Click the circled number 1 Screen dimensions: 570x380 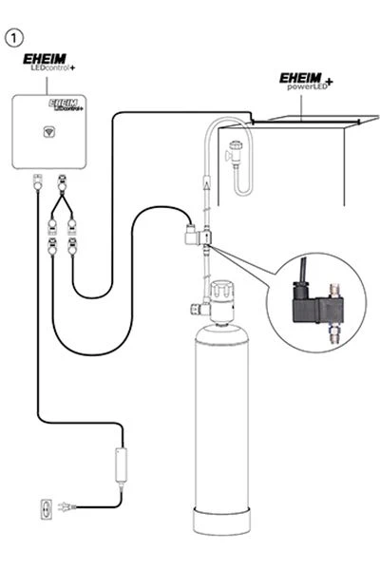[x=14, y=37]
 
